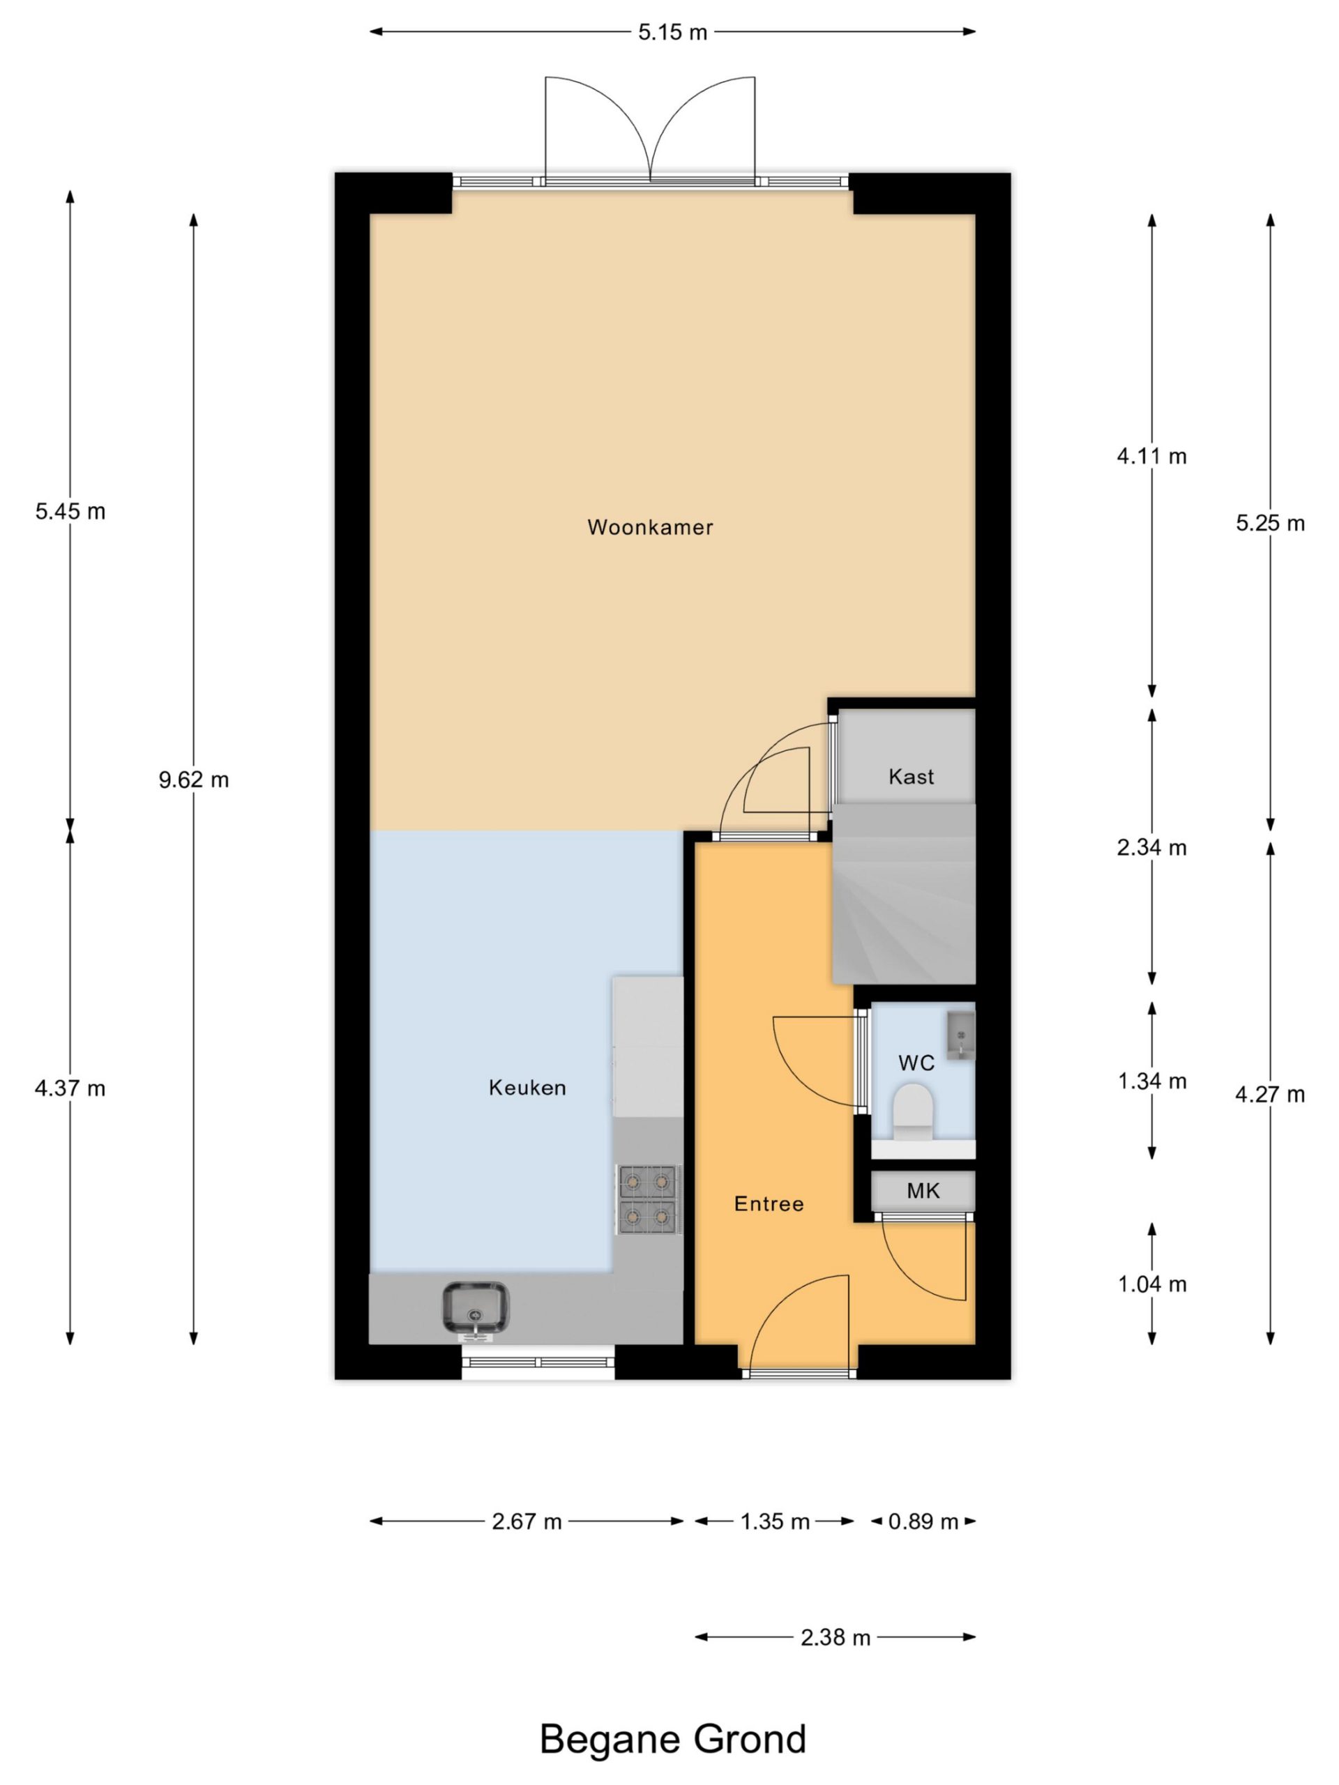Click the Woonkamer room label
coord(650,527)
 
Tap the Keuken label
coord(527,1087)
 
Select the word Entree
coord(769,1203)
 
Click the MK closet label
coord(923,1190)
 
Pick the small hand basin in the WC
coord(960,1035)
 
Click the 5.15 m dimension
coord(672,32)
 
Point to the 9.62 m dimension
coord(194,780)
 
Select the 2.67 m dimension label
coord(527,1521)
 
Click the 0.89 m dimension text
coord(923,1521)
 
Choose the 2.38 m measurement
coord(835,1637)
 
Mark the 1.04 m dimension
coord(1152,1284)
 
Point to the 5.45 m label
coord(70,511)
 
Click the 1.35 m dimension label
coord(775,1521)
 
